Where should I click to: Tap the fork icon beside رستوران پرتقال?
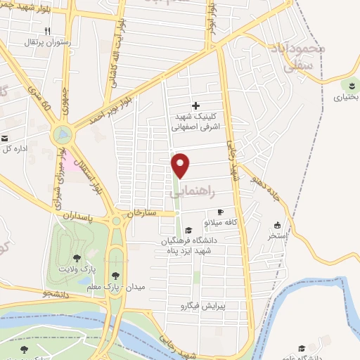point(47,31)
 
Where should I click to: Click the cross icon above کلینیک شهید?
point(195,105)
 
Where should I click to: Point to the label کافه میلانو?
point(222,222)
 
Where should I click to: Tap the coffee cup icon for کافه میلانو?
point(220,212)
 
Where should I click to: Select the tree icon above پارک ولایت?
point(76,258)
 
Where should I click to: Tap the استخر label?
point(276,236)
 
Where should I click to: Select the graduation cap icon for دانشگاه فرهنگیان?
point(188,230)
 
